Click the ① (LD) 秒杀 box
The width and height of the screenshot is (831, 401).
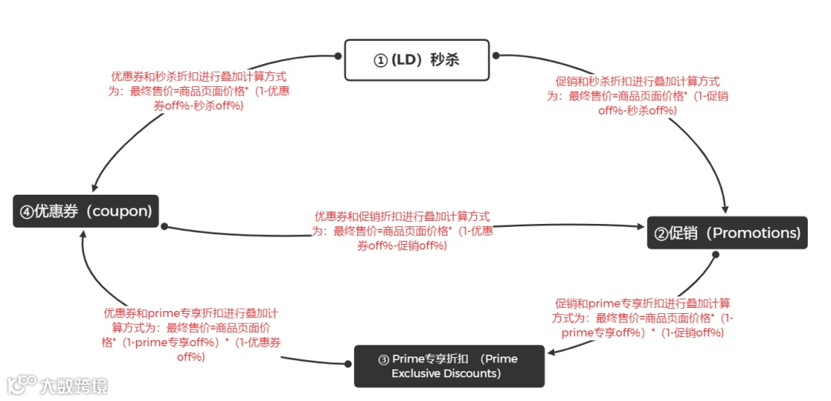coord(416,60)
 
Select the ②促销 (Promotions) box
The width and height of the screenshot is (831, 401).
coord(727,232)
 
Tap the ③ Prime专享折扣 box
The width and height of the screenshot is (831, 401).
coord(449,366)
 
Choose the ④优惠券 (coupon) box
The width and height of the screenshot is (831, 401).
coord(85,211)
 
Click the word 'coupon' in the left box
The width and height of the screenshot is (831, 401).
coord(120,211)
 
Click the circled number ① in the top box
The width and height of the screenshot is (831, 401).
coord(379,60)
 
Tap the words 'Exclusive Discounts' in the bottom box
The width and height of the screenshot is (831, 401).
coord(446,374)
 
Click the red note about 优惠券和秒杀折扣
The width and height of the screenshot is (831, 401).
coord(199,91)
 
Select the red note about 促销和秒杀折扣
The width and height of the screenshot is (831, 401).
coord(638,95)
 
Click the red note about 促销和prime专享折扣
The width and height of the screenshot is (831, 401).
coord(642,318)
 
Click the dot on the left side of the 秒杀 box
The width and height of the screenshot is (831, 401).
coord(338,55)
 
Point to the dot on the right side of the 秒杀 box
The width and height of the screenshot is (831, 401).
coord(496,55)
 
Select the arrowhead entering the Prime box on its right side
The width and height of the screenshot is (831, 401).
coord(552,353)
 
